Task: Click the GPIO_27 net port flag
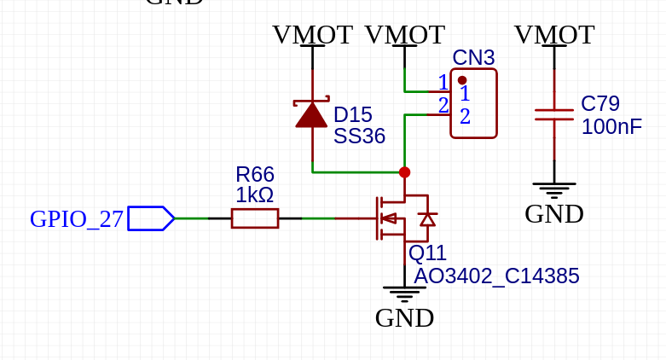[x=151, y=218]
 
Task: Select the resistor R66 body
[x=255, y=218]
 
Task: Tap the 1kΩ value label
[x=254, y=195]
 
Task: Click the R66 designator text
[x=254, y=175]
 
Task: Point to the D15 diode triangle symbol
[x=312, y=114]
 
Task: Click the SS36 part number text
[x=359, y=136]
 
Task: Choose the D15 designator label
[x=352, y=115]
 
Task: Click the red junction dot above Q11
[x=404, y=172]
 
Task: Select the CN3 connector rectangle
[x=473, y=103]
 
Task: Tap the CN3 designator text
[x=473, y=58]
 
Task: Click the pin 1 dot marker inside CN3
[x=462, y=80]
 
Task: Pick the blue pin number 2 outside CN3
[x=443, y=106]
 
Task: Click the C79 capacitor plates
[x=554, y=114]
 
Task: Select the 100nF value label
[x=611, y=127]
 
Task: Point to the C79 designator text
[x=600, y=104]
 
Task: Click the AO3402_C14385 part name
[x=496, y=276]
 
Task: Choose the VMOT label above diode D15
[x=312, y=35]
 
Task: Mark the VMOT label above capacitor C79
[x=554, y=35]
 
